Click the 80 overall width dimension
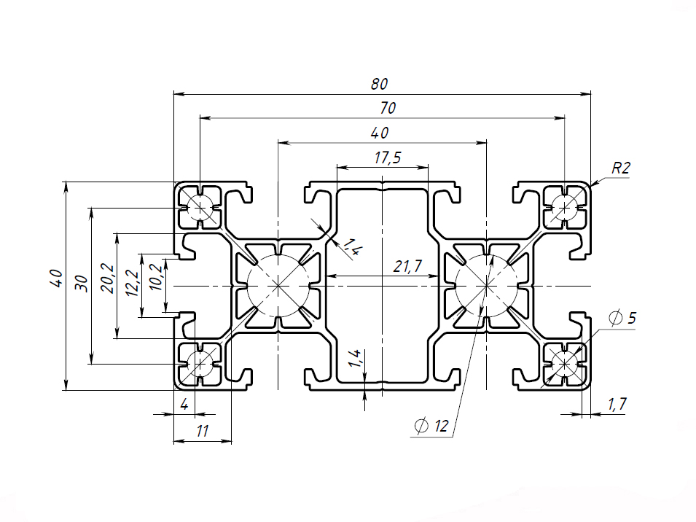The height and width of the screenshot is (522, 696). coord(379,84)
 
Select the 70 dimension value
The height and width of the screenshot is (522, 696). coord(388,108)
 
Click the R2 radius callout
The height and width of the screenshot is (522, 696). coord(620,168)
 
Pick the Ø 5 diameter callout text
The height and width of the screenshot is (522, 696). coord(622,319)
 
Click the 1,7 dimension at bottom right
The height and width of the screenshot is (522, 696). coord(617,403)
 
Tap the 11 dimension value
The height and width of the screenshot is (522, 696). coord(203,431)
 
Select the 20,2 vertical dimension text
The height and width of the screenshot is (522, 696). coord(106,278)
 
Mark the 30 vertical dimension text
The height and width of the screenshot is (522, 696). coord(82,282)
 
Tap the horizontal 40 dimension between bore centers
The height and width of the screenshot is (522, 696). coord(379,133)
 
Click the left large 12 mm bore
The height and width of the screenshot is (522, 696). coord(278,287)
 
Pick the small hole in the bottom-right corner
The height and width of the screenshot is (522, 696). coord(563,362)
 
